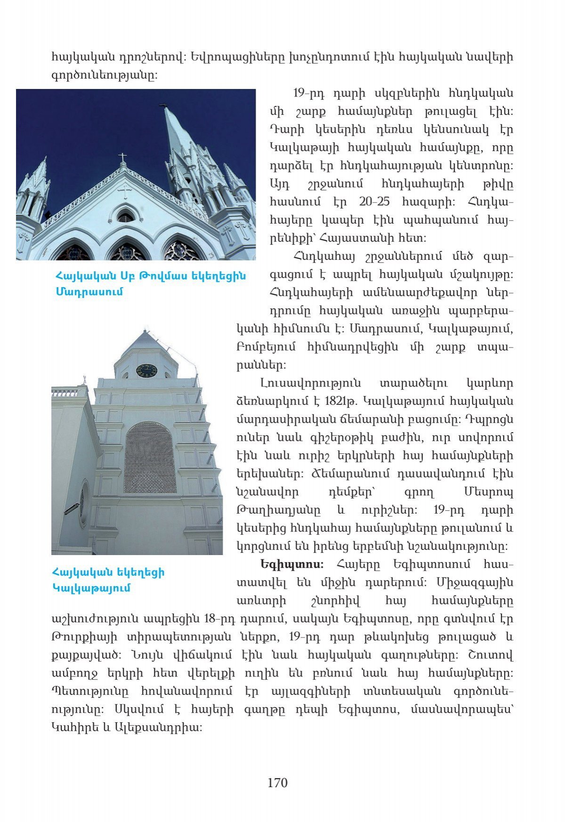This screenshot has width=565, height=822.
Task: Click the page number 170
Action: (x=277, y=782)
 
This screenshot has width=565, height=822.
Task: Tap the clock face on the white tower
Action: (x=146, y=371)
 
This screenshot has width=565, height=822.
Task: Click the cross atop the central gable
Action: (x=122, y=157)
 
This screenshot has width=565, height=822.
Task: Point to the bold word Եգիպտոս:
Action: (x=291, y=564)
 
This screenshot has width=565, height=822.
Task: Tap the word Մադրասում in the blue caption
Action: (x=89, y=291)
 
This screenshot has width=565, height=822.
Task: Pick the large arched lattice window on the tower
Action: (x=150, y=457)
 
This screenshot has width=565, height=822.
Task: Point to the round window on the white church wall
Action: (x=84, y=504)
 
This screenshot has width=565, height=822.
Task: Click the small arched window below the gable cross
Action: (x=125, y=217)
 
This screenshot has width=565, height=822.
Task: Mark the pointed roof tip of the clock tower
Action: (x=144, y=331)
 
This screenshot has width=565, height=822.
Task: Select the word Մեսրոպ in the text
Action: (x=488, y=492)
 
